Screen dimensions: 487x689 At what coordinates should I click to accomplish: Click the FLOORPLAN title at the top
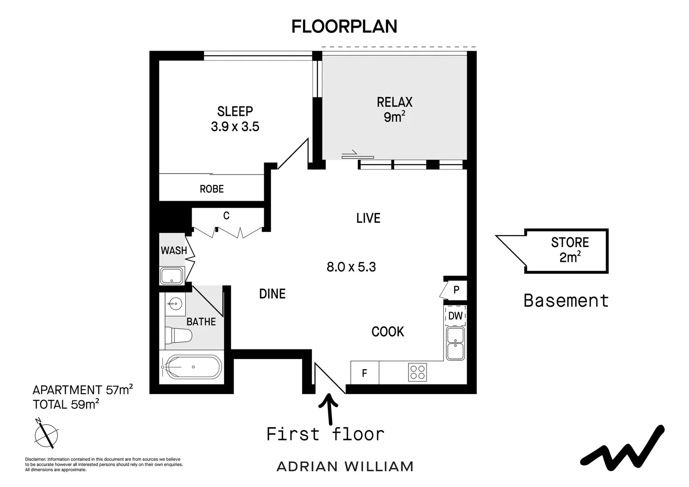[344, 27]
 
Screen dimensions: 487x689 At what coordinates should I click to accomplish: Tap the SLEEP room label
[235, 111]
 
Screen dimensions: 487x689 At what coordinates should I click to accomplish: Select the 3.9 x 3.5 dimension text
[235, 127]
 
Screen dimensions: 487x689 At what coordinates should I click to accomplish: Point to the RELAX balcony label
[395, 102]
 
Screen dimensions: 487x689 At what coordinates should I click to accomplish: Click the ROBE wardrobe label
[211, 189]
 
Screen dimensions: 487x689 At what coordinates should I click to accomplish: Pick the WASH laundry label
[174, 250]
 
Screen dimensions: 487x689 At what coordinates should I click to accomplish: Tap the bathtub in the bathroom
[192, 367]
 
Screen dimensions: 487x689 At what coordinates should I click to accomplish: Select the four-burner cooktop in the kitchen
[417, 372]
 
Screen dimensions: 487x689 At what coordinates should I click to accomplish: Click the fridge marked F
[364, 373]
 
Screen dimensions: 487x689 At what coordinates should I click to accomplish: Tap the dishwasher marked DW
[455, 316]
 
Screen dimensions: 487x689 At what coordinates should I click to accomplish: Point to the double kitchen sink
[455, 344]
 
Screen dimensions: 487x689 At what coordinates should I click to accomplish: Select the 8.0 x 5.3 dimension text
[351, 267]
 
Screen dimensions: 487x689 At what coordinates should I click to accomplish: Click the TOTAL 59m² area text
[66, 404]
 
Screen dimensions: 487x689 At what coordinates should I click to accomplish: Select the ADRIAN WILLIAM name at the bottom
[344, 466]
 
